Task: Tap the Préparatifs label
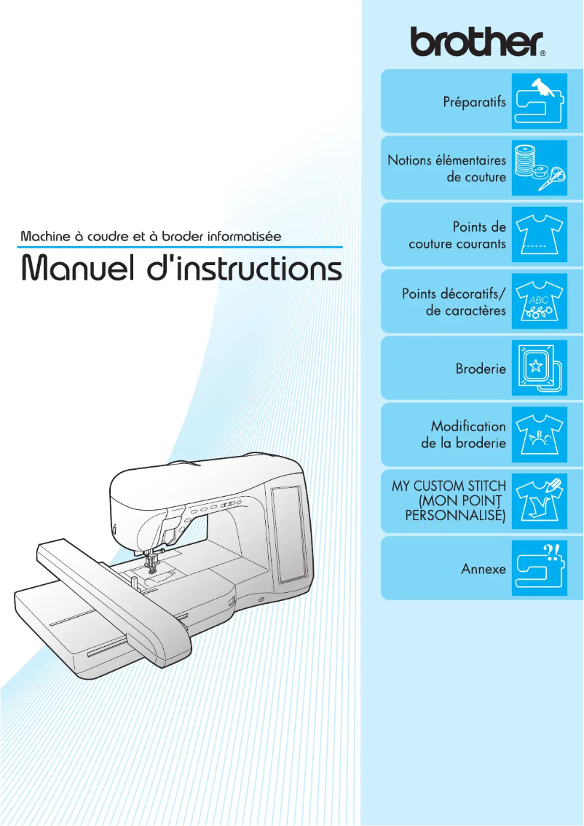point(474,102)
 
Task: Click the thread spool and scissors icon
point(539,168)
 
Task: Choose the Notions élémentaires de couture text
point(446,168)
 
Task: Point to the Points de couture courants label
point(457,235)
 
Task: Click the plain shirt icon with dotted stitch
point(539,235)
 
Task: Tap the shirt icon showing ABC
point(539,302)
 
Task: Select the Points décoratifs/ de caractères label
point(454,302)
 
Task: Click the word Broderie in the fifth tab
point(481,369)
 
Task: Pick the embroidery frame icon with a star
point(539,369)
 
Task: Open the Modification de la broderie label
point(464,435)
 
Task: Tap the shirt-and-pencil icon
point(539,501)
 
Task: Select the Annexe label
point(484,568)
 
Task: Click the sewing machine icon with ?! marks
point(539,568)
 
